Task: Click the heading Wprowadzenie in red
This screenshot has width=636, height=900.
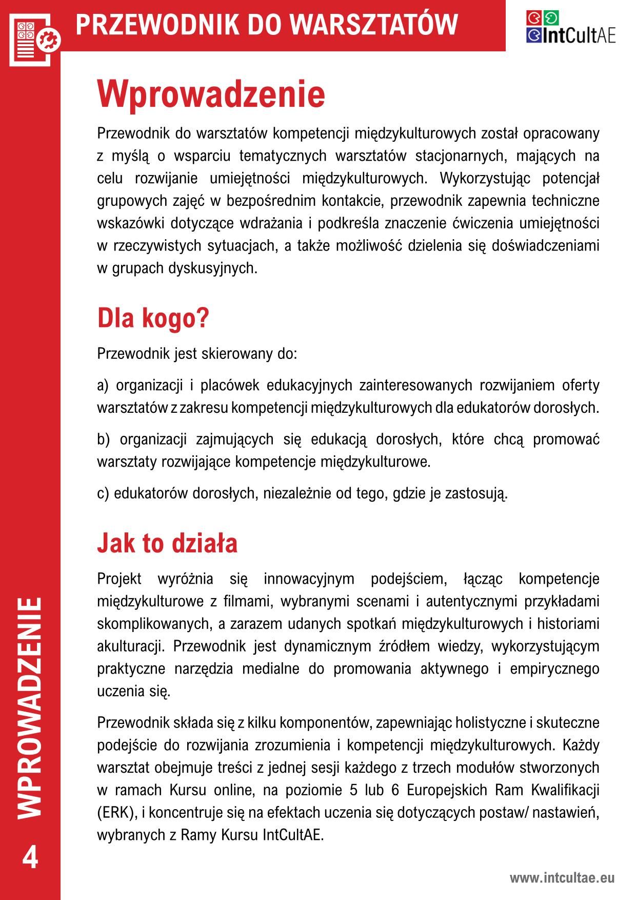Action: (x=211, y=94)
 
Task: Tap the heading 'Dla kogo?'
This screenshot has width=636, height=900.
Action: (x=153, y=318)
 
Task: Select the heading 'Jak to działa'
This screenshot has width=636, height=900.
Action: (x=167, y=543)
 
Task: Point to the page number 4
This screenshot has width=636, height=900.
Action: (x=30, y=857)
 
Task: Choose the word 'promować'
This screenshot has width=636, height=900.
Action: (x=566, y=439)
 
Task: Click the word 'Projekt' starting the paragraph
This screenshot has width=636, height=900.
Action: (x=119, y=579)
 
